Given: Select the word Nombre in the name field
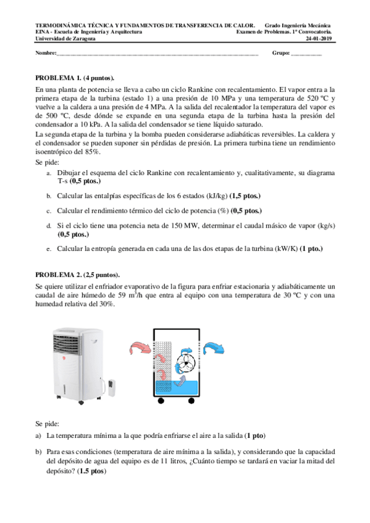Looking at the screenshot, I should tap(46, 53).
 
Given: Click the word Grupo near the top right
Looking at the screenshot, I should tap(280, 53).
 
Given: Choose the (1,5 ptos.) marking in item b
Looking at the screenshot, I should tap(245, 196).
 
